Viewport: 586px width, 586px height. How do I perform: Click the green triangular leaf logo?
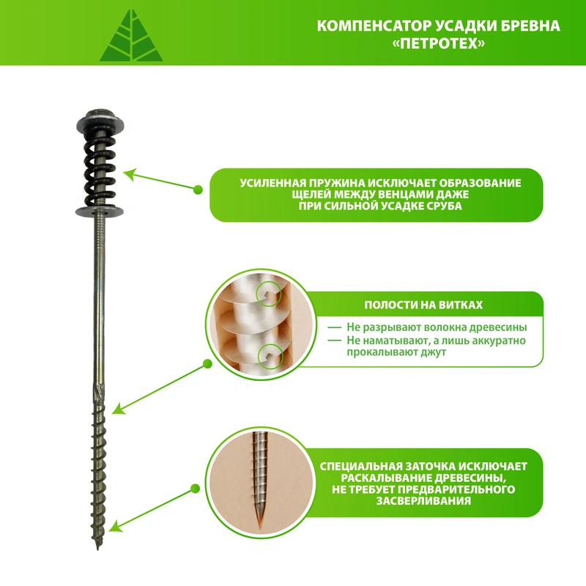131,37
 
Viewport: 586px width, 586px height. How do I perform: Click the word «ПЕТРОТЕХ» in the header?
439,44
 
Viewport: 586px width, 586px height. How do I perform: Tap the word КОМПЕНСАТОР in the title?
374,26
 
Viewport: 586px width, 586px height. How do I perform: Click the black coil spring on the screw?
100,169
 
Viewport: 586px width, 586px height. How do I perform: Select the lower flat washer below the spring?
100,212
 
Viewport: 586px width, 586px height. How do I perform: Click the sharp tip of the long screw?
98,548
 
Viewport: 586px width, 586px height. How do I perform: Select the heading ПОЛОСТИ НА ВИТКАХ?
423,305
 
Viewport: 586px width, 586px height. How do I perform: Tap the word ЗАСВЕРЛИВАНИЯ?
423,501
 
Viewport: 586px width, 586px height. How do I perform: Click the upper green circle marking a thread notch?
269,294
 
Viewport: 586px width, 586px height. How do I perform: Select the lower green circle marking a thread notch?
270,355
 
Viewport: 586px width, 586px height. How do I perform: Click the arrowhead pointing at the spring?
130,174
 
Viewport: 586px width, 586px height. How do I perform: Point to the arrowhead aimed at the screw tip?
115,526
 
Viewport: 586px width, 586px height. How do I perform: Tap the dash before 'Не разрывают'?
335,327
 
